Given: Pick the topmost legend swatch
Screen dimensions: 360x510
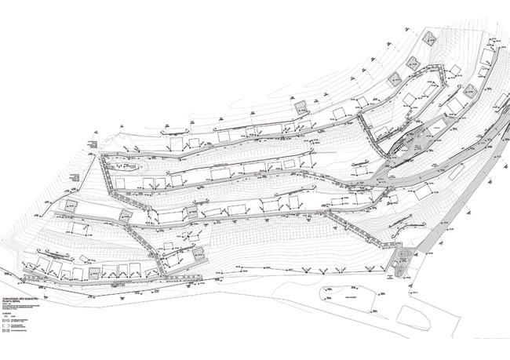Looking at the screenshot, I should [9, 318].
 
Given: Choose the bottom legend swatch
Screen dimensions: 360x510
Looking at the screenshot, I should [9, 333].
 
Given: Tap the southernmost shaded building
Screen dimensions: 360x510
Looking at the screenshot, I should [95, 273].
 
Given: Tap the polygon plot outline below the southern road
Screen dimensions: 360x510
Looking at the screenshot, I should [345, 298].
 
